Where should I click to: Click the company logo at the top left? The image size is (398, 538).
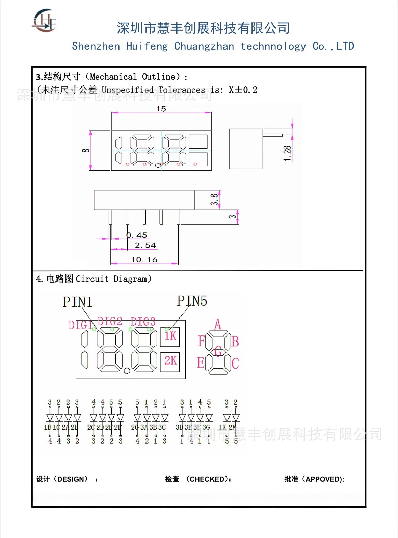pyautogui.click(x=44, y=21)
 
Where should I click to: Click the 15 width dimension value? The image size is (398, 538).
pyautogui.click(x=161, y=109)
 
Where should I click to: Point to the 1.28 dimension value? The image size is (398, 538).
pyautogui.click(x=287, y=154)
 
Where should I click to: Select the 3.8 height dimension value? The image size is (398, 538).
pyautogui.click(x=214, y=199)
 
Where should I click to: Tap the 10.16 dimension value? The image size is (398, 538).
pyautogui.click(x=144, y=259)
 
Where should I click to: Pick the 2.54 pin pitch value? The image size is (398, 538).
pyautogui.click(x=145, y=245)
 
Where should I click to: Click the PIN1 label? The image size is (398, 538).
pyautogui.click(x=77, y=302)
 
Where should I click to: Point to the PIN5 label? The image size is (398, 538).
pyautogui.click(x=192, y=301)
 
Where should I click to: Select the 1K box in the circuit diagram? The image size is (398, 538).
pyautogui.click(x=170, y=336)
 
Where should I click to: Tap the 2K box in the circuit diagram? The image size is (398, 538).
pyautogui.click(x=170, y=361)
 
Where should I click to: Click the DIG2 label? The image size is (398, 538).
pyautogui.click(x=110, y=321)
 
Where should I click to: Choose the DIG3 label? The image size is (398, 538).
pyautogui.click(x=143, y=322)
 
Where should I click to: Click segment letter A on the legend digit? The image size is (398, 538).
pyautogui.click(x=218, y=324)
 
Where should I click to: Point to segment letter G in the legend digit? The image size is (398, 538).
pyautogui.click(x=218, y=351)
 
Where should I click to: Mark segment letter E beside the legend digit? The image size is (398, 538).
pyautogui.click(x=201, y=363)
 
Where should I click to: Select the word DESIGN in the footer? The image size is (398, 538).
pyautogui.click(x=71, y=479)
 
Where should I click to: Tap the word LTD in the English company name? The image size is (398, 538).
pyautogui.click(x=345, y=46)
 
